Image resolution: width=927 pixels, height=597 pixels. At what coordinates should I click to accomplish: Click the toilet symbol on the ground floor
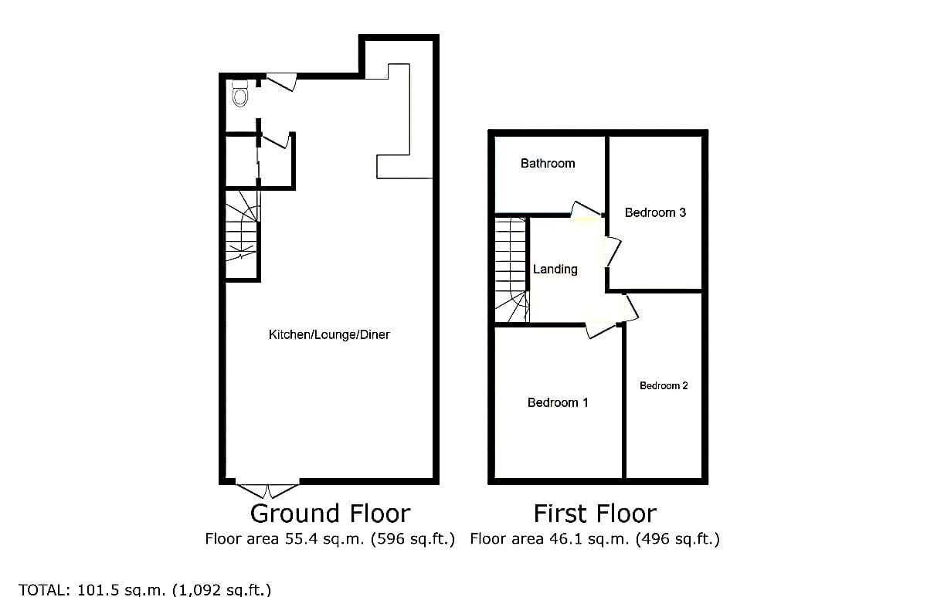[240, 93]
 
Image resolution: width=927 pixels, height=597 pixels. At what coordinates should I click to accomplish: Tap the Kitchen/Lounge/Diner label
[329, 334]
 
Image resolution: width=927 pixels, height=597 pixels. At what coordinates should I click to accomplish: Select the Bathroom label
[548, 164]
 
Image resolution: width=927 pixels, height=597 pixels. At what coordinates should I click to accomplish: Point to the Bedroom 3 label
[655, 212]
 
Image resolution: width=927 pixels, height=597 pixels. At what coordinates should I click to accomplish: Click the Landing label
[555, 270]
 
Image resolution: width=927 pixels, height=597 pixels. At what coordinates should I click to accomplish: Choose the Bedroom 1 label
[558, 402]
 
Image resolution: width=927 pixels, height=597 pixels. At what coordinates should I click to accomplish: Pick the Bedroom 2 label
[664, 385]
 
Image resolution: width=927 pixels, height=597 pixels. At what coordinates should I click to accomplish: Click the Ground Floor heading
[330, 514]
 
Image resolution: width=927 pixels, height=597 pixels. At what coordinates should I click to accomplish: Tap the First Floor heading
[595, 514]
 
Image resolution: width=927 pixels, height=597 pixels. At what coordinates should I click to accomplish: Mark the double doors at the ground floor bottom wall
[267, 490]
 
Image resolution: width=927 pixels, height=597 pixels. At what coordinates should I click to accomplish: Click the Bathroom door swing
[586, 209]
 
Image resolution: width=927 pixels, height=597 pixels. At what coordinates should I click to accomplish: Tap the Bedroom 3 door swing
[613, 252]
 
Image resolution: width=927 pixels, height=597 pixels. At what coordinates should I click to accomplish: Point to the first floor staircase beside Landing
[512, 270]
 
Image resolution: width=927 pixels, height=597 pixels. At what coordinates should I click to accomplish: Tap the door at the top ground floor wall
[281, 82]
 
